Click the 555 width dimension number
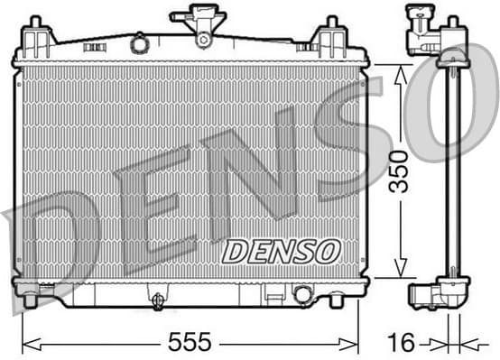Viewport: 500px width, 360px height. click(x=190, y=342)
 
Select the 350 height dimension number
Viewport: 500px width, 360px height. click(x=398, y=171)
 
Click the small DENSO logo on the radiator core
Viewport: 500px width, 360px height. click(x=281, y=252)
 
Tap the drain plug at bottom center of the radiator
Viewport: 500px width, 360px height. click(x=158, y=300)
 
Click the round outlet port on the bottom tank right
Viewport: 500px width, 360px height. click(x=302, y=293)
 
